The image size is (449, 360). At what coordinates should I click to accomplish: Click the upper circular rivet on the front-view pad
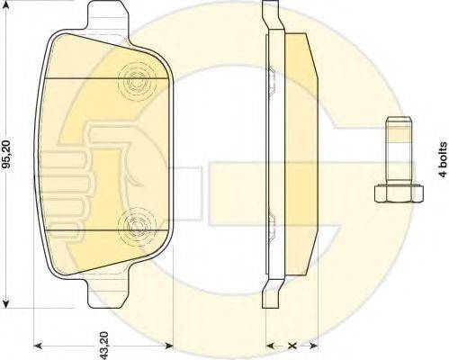[x=138, y=81]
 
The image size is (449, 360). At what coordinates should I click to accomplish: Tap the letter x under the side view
[x=292, y=345]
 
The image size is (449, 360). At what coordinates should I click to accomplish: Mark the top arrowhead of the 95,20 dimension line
[x=8, y=4]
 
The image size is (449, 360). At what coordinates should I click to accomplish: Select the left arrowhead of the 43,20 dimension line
[x=37, y=345]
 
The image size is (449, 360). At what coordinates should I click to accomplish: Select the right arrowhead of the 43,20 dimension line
[x=171, y=345]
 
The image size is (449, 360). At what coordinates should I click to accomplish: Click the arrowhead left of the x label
[x=272, y=345]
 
